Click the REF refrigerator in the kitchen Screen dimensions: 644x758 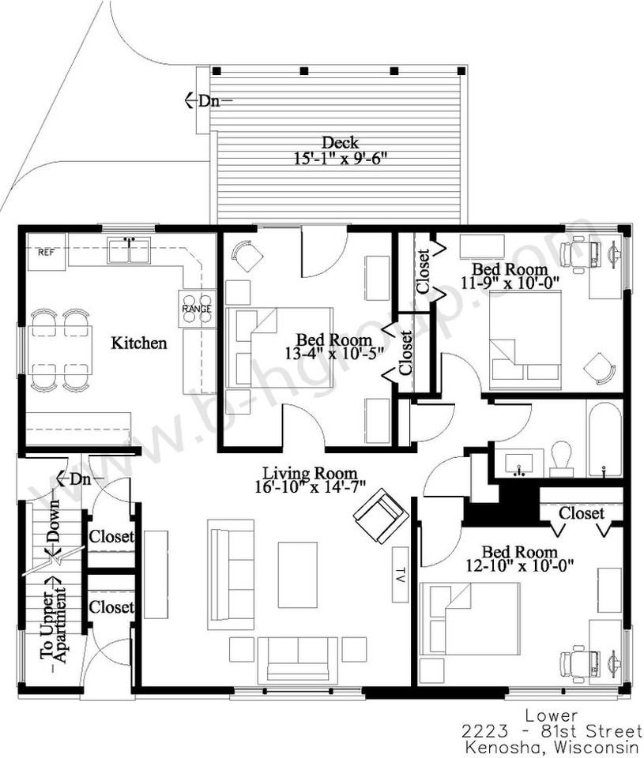pyautogui.click(x=47, y=251)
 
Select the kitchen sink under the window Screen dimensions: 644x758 pyautogui.click(x=129, y=250)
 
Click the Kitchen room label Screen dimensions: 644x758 pyautogui.click(x=139, y=343)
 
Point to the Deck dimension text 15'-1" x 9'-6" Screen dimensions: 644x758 pyautogui.click(x=341, y=158)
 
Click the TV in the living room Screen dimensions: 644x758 pyautogui.click(x=401, y=574)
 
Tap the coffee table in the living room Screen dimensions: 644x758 pyautogui.click(x=298, y=574)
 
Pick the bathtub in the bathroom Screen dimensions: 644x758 pyautogui.click(x=604, y=438)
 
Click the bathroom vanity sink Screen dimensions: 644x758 pyautogui.click(x=518, y=464)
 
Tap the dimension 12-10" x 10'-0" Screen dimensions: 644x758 pyautogui.click(x=520, y=565)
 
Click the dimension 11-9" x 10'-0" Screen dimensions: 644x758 pyautogui.click(x=510, y=282)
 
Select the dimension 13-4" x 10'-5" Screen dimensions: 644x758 pyautogui.click(x=334, y=353)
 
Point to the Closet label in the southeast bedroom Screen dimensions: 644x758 pyautogui.click(x=582, y=513)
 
